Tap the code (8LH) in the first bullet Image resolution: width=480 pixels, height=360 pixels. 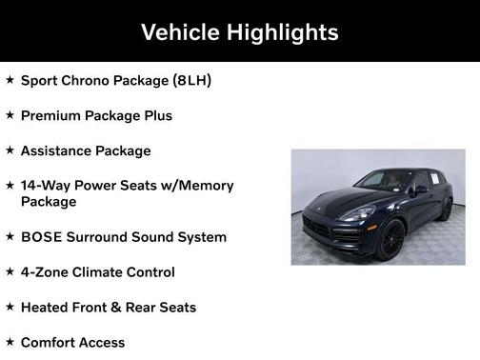pyautogui.click(x=192, y=80)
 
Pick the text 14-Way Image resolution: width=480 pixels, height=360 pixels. pyautogui.click(x=44, y=186)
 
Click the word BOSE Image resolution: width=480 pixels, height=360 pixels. pyautogui.click(x=40, y=237)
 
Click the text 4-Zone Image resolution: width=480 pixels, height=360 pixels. pyautogui.click(x=44, y=272)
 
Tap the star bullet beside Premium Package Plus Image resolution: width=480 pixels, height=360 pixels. pyautogui.click(x=10, y=115)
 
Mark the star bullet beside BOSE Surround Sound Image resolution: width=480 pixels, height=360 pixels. pyautogui.click(x=10, y=237)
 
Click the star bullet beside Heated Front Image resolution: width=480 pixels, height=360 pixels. pyautogui.click(x=10, y=308)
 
